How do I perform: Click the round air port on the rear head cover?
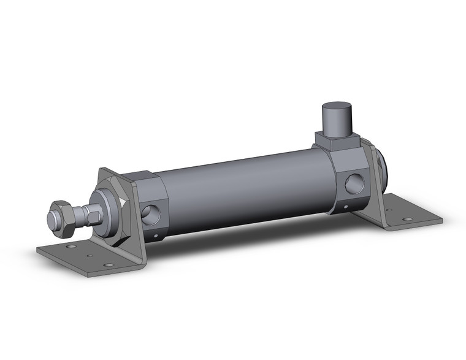(x=353, y=183)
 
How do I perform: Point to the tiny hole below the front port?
(x=156, y=235)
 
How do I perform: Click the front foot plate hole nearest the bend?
(x=109, y=265)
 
